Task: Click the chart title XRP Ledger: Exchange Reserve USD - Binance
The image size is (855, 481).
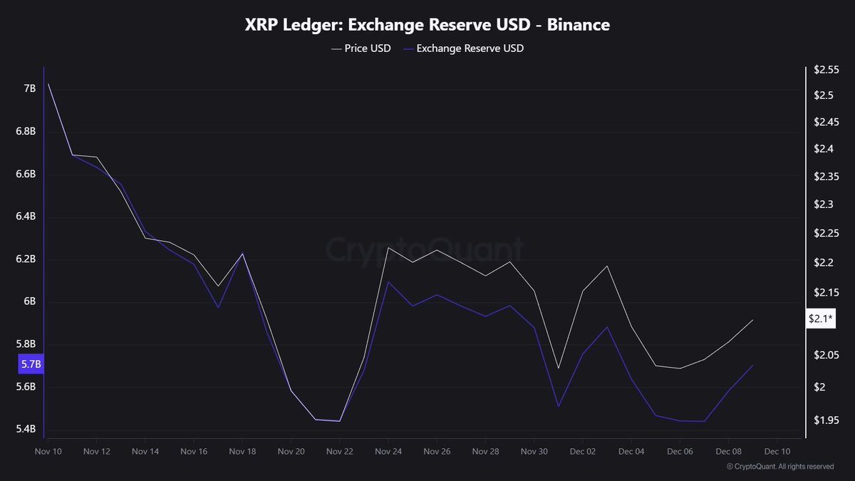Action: click(x=427, y=25)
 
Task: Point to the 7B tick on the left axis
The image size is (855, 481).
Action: click(x=29, y=88)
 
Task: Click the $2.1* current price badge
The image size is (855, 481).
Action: click(x=820, y=319)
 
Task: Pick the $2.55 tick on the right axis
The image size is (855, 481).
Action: click(x=825, y=70)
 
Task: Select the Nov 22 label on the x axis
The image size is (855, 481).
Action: click(x=339, y=452)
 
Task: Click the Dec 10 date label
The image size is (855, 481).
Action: click(x=777, y=452)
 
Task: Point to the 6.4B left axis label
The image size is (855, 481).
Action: click(x=25, y=217)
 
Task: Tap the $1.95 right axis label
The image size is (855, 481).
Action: click(x=825, y=420)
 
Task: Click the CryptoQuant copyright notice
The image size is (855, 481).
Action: click(x=780, y=467)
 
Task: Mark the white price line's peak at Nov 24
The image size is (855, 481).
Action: click(x=388, y=247)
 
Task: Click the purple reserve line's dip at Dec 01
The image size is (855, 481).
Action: click(x=559, y=407)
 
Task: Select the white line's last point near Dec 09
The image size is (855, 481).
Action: click(x=753, y=320)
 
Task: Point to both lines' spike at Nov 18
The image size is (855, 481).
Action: click(x=243, y=254)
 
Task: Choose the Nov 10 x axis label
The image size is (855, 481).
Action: click(x=48, y=452)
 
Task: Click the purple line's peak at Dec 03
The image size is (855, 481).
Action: click(x=607, y=327)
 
